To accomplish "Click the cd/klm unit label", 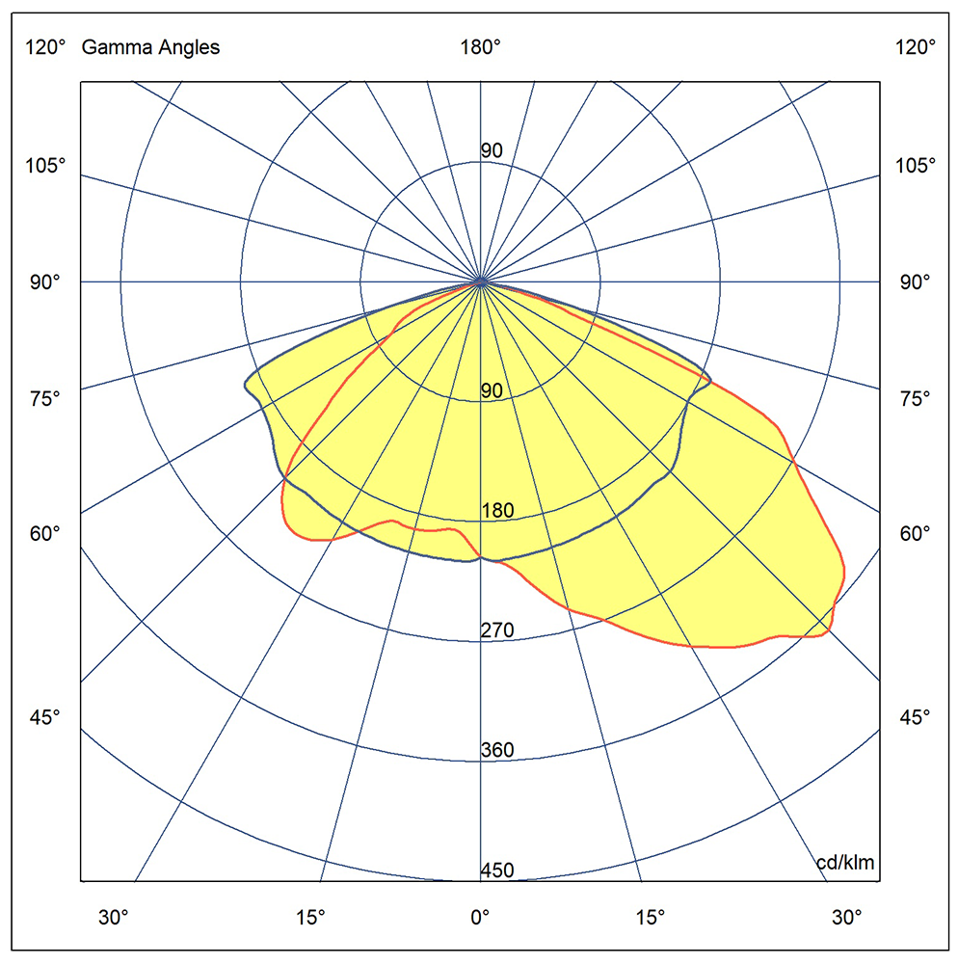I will point(845,863).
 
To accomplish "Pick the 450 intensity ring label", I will point(497,871).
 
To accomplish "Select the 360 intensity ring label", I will point(497,751).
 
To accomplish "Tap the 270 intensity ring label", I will point(497,630).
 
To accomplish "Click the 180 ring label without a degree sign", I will point(497,511).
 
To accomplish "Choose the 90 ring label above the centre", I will point(492,150).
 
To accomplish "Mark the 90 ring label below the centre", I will point(492,390).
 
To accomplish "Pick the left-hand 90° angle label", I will point(44,282).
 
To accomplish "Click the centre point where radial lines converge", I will point(480,282).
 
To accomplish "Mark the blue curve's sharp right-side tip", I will point(711,380).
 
